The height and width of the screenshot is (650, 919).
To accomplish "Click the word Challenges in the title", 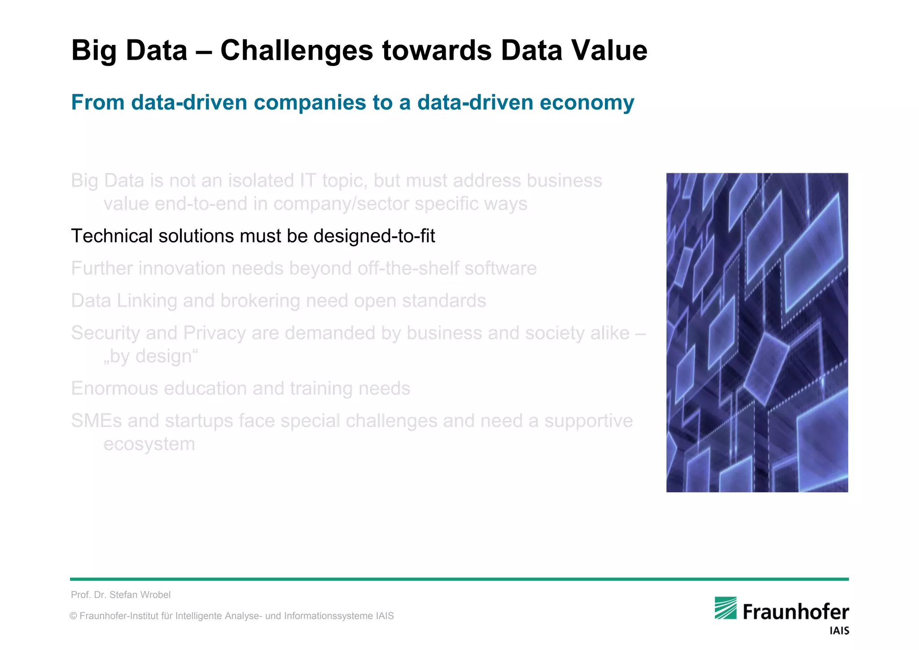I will [296, 50].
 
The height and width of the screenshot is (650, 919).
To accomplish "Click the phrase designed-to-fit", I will [374, 237].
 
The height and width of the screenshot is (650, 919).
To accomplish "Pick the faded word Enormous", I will [114, 388].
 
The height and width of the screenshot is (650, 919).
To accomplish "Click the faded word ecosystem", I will [149, 444].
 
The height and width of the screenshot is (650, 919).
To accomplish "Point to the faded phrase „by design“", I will [151, 356].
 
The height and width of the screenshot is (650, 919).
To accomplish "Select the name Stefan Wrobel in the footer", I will [140, 595].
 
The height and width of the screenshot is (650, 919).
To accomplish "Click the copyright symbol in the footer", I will [73, 616].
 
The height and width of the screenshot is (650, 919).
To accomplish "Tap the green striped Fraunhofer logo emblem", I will [726, 608].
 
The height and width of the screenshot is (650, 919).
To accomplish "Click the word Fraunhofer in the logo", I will [796, 612].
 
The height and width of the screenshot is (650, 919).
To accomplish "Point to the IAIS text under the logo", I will [839, 631].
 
